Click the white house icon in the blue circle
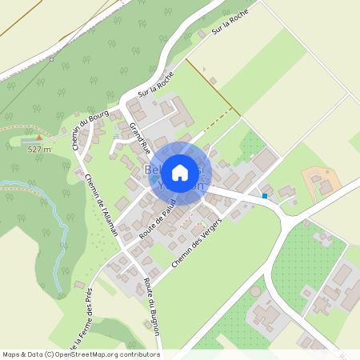coord(180,172)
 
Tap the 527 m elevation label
coord(39,149)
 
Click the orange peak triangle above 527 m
coord(37,138)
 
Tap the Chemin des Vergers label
coord(195,242)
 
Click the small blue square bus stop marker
coord(265,195)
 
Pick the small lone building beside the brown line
coord(214,80)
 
